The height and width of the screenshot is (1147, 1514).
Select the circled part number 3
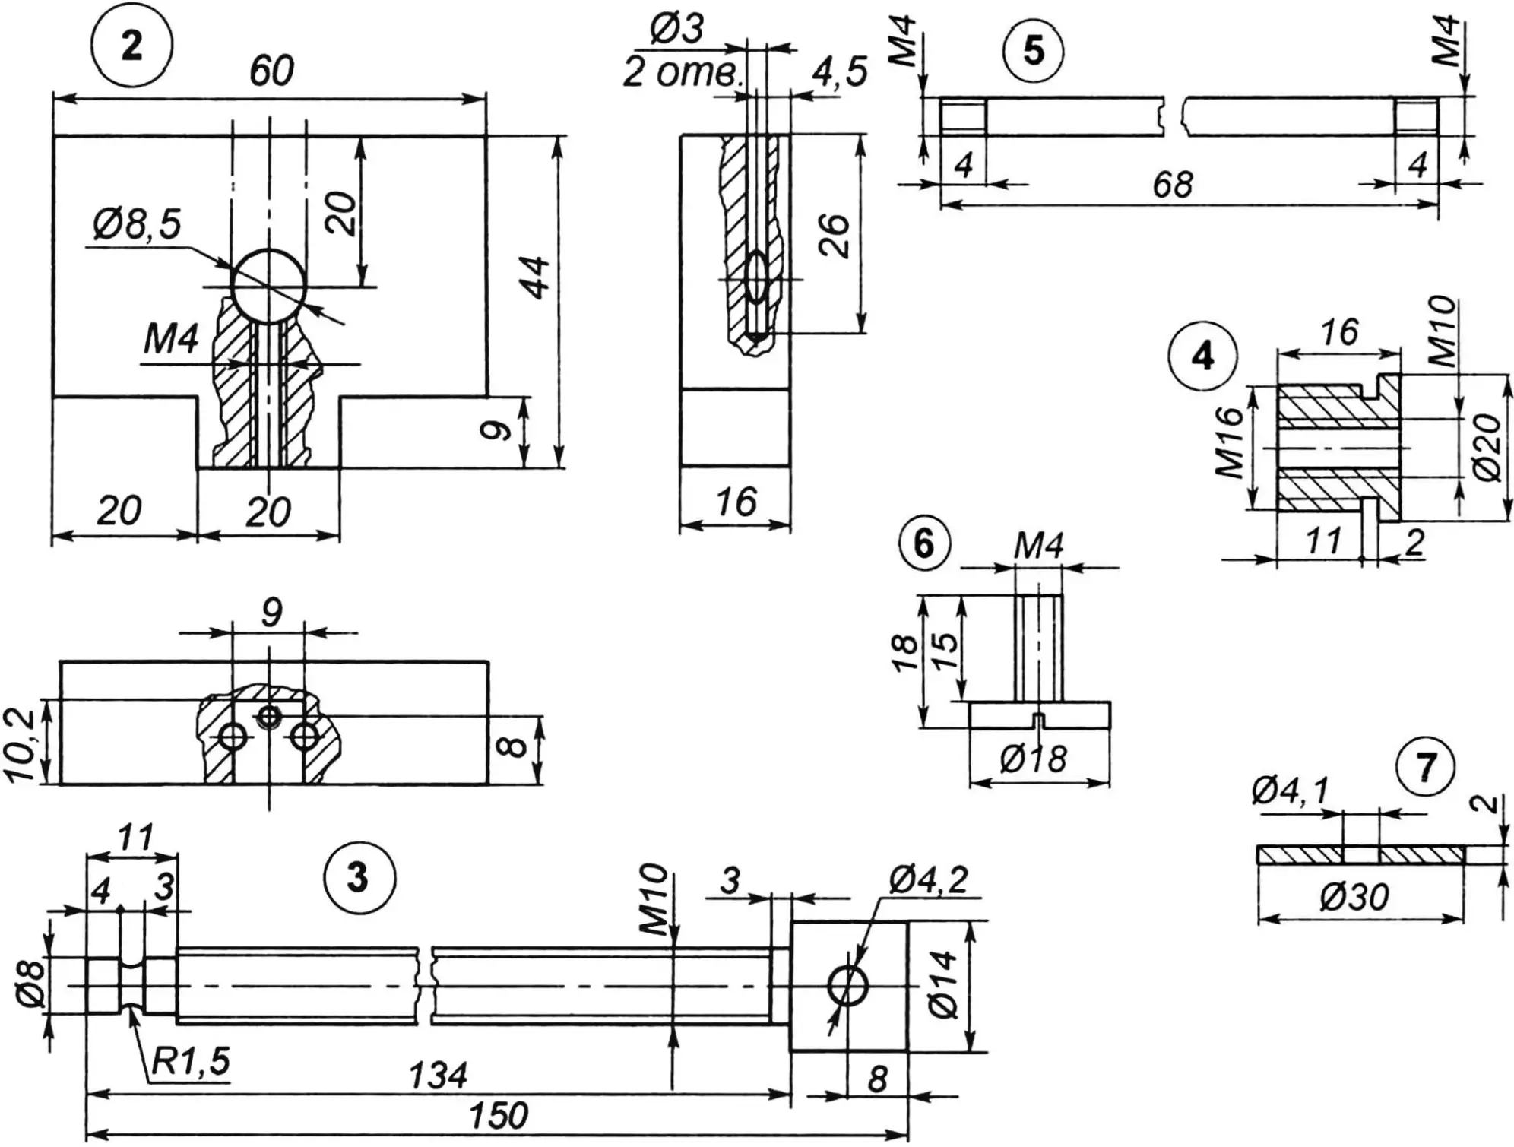click(358, 878)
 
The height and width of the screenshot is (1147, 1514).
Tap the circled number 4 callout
click(1203, 356)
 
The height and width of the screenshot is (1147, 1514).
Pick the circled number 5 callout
click(1034, 52)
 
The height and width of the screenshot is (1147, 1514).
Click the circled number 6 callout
click(923, 543)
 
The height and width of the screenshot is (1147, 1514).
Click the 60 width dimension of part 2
click(271, 71)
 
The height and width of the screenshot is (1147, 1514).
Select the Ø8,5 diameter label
click(138, 226)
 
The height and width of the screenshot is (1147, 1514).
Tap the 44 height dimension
click(537, 277)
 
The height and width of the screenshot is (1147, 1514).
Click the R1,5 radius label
click(190, 1062)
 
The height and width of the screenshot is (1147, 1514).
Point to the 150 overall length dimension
click(498, 1116)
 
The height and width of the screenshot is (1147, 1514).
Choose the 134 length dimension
click(438, 1076)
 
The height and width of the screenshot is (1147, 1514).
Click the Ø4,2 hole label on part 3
click(928, 881)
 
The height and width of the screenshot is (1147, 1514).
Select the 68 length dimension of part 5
click(1173, 185)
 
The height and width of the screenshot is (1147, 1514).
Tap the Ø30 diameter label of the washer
click(1354, 898)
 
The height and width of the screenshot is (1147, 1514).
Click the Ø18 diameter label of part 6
click(1033, 759)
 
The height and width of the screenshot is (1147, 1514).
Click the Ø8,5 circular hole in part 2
click(268, 286)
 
